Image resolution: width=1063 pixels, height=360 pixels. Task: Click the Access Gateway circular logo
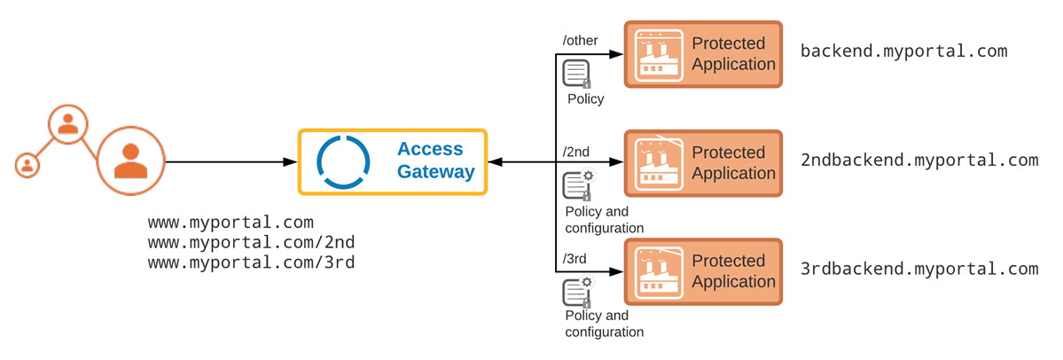click(x=342, y=162)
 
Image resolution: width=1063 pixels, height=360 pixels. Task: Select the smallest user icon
click(x=27, y=164)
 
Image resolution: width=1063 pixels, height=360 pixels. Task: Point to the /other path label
click(x=581, y=41)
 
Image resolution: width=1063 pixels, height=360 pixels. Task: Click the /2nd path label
click(x=576, y=152)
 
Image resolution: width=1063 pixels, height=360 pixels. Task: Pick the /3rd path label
click(x=574, y=259)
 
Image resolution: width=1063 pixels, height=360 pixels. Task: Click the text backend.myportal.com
click(x=903, y=51)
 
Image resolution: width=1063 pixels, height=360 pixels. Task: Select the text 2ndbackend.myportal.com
click(x=918, y=160)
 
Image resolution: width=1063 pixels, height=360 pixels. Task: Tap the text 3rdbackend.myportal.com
click(x=918, y=269)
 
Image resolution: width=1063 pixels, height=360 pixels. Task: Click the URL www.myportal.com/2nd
click(x=251, y=242)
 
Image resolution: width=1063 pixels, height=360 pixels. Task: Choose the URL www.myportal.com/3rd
click(x=251, y=262)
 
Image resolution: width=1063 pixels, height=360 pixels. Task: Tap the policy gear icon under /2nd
click(x=578, y=185)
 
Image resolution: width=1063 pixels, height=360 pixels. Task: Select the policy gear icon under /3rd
click(x=578, y=293)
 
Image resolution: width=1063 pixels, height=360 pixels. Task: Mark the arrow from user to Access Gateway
click(x=231, y=162)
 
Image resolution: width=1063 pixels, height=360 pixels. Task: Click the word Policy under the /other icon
click(x=585, y=99)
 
